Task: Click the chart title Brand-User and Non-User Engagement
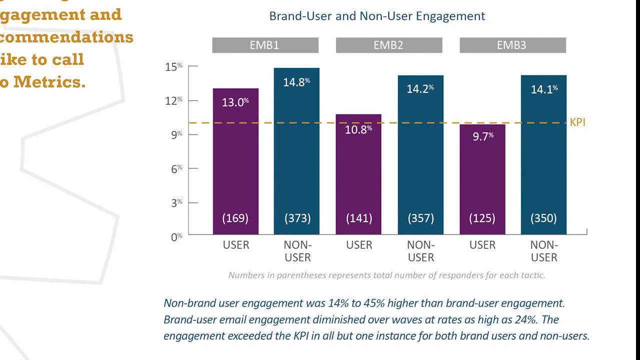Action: (377, 16)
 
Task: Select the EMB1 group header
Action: (265, 45)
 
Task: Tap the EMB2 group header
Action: (388, 45)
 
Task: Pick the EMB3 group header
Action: (512, 45)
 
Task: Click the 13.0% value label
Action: (235, 102)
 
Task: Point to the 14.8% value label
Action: (296, 82)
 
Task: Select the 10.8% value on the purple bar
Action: (358, 129)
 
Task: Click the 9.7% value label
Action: (482, 136)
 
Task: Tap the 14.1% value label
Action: (544, 89)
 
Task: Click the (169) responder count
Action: (235, 218)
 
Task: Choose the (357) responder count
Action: (420, 218)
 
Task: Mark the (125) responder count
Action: (482, 218)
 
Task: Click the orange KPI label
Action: (577, 122)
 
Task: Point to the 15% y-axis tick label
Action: (173, 66)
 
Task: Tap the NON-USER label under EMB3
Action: (544, 251)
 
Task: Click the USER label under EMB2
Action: (359, 245)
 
